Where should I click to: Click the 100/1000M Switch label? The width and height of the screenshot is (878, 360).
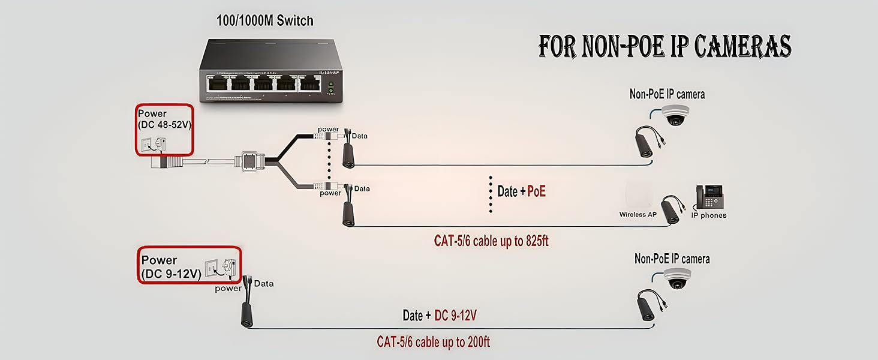coord(264,21)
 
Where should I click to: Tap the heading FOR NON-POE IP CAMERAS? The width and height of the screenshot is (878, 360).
coord(664,46)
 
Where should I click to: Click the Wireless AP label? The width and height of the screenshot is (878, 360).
coord(638,214)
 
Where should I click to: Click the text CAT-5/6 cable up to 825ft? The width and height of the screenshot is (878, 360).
coord(491,241)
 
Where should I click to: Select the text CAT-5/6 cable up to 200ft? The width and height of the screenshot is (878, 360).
coord(433,342)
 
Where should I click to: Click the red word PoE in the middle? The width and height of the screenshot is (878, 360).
coord(536,192)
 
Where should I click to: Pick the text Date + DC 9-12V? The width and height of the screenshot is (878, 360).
coord(440,316)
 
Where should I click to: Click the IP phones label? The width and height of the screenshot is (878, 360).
coord(708,215)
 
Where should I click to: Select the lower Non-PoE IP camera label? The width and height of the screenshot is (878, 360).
coord(672,259)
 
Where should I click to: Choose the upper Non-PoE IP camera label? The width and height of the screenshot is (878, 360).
coord(667,94)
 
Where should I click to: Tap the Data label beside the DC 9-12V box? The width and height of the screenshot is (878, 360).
coord(264,283)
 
